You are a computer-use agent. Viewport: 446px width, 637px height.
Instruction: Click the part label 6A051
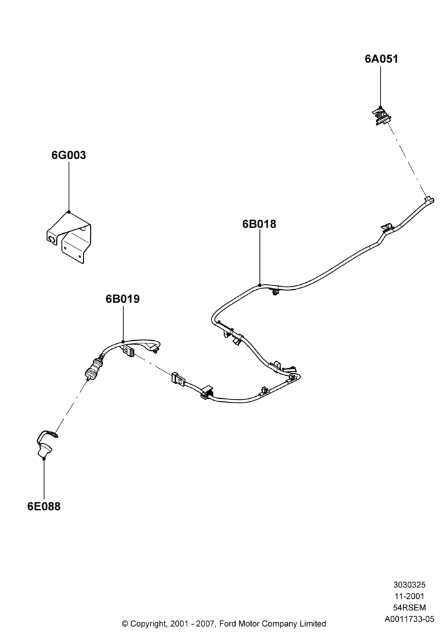click(x=381, y=59)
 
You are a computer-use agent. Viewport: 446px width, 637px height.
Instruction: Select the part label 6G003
click(x=69, y=155)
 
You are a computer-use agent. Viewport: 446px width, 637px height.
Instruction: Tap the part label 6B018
click(x=259, y=224)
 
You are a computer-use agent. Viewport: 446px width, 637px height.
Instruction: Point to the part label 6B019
click(x=123, y=299)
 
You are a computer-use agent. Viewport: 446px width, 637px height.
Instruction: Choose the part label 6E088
click(x=44, y=506)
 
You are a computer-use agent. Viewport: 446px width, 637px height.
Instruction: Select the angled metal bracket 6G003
click(x=68, y=238)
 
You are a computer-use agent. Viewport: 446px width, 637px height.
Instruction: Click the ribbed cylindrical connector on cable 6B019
click(x=93, y=367)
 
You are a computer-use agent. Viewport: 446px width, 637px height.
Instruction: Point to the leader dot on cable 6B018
click(x=259, y=284)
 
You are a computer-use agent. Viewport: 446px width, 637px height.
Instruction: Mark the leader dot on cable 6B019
click(x=123, y=341)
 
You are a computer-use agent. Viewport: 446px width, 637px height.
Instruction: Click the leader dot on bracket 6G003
click(x=69, y=211)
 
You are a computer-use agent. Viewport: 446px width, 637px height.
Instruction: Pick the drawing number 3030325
click(x=409, y=585)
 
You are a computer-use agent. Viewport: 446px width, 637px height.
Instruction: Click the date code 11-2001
click(x=409, y=596)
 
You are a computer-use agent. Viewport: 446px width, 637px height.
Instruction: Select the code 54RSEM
click(x=409, y=608)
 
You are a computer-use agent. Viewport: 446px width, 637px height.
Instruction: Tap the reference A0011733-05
click(x=409, y=619)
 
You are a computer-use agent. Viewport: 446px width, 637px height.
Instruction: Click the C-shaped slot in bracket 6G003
click(x=52, y=240)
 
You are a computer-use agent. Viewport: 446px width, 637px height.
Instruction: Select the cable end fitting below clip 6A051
click(x=429, y=200)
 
